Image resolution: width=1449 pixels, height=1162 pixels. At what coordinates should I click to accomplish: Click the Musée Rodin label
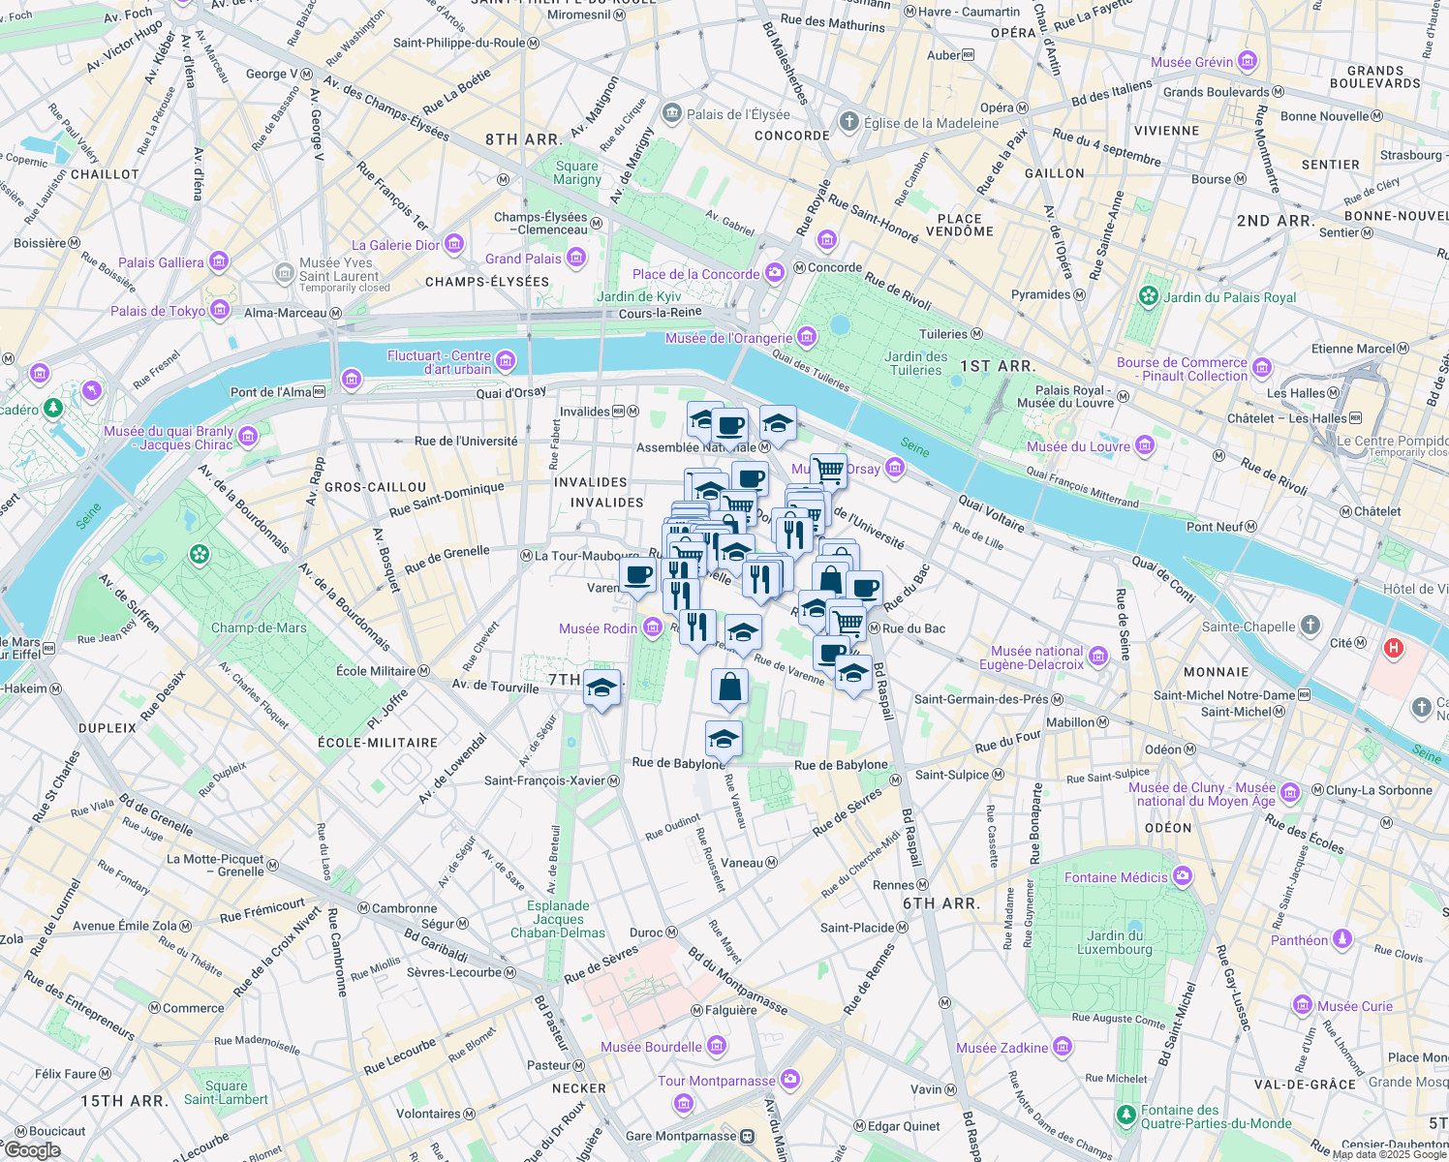pyautogui.click(x=598, y=628)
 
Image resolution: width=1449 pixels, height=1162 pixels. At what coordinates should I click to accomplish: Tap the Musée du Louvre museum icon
pyautogui.click(x=1146, y=445)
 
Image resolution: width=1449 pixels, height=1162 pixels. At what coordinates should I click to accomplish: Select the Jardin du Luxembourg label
pyautogui.click(x=1115, y=942)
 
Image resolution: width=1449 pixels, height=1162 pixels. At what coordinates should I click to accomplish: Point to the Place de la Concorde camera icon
pyautogui.click(x=775, y=274)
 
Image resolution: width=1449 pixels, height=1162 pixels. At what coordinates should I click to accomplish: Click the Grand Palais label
pyautogui.click(x=523, y=259)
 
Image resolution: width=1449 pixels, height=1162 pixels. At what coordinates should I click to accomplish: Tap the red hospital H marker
pyautogui.click(x=1394, y=648)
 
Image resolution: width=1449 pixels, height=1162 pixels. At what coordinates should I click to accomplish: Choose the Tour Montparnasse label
pyautogui.click(x=716, y=1081)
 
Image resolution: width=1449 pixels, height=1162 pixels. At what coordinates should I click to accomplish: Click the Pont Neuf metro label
pyautogui.click(x=1215, y=527)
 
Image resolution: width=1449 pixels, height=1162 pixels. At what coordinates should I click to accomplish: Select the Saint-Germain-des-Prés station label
pyautogui.click(x=982, y=699)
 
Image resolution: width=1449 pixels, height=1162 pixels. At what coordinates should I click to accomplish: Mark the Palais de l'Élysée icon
pyautogui.click(x=671, y=114)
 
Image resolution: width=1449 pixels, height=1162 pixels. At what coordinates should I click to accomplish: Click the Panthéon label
pyautogui.click(x=1299, y=940)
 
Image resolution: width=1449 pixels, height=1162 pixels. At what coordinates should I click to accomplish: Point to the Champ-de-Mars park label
pyautogui.click(x=259, y=627)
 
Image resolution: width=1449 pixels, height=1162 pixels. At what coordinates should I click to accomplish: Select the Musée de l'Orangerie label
pyautogui.click(x=728, y=338)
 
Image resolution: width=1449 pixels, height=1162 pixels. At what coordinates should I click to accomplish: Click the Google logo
pyautogui.click(x=32, y=1149)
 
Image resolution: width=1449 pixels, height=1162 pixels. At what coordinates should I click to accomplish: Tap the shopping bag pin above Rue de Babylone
pyautogui.click(x=729, y=688)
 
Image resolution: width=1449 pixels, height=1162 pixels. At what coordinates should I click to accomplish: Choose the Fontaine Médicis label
pyautogui.click(x=1116, y=877)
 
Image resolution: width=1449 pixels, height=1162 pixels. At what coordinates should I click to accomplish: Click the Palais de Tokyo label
pyautogui.click(x=158, y=311)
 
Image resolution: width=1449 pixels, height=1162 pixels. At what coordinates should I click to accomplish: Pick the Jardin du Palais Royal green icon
pyautogui.click(x=1149, y=296)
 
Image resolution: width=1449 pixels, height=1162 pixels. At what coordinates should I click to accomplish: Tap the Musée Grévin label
pyautogui.click(x=1191, y=62)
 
